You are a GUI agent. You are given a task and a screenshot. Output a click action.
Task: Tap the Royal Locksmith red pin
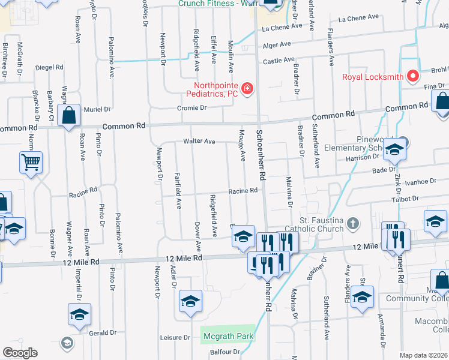tap(412, 77)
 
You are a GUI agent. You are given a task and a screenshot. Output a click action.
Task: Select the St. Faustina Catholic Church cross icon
tap(353, 224)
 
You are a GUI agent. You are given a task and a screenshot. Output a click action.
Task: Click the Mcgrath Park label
tap(228, 336)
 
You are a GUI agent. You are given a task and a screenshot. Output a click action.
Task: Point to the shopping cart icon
tap(31, 161)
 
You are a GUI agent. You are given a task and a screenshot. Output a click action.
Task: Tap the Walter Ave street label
tap(200, 142)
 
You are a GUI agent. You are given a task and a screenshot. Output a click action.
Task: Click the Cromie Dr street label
tap(191, 108)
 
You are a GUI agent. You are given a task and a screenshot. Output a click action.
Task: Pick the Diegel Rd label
tap(50, 67)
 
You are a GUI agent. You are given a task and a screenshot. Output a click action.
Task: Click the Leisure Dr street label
tap(175, 337)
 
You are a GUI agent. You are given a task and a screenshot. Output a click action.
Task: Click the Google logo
tap(20, 353)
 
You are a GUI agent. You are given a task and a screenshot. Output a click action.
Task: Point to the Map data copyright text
tap(423, 355)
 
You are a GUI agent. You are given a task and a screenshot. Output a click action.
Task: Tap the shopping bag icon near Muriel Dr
tap(70, 114)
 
